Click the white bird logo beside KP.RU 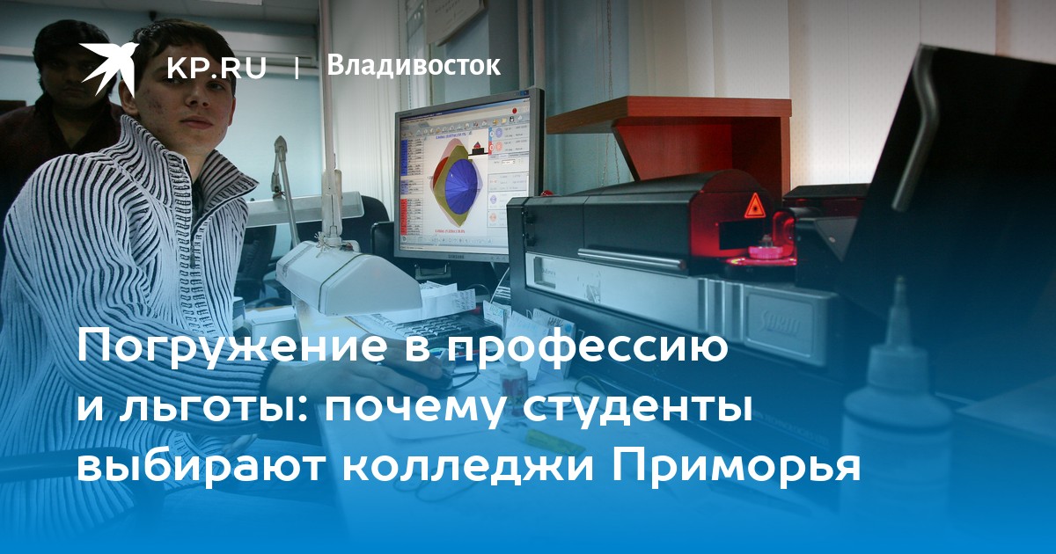(x=108, y=67)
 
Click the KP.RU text (x=216, y=68)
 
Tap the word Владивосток (x=414, y=65)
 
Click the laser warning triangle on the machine (x=753, y=206)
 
